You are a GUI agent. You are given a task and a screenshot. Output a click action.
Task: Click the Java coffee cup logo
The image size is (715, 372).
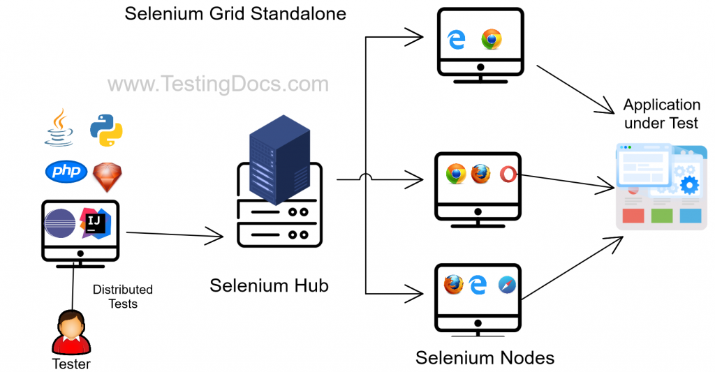tap(59, 127)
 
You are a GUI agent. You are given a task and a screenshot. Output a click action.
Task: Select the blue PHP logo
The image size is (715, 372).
tap(66, 171)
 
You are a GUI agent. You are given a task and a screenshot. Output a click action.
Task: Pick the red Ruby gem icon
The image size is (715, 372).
tap(106, 172)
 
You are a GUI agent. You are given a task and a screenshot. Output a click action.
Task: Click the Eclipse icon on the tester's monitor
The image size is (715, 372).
tap(61, 224)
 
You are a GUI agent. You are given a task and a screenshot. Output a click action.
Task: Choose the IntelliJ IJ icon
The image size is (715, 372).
tap(95, 222)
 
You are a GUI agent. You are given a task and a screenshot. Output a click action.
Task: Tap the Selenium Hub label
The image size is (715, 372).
tap(269, 285)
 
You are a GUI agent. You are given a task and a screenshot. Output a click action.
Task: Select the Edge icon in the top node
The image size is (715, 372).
tap(457, 40)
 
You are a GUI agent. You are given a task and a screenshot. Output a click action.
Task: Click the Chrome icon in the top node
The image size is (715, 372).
tap(492, 40)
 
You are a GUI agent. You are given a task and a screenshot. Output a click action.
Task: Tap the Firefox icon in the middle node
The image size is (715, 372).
tap(480, 174)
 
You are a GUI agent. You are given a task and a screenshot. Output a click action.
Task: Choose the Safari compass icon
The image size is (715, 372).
tap(508, 285)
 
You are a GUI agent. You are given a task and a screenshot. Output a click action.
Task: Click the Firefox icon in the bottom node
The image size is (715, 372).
tap(454, 285)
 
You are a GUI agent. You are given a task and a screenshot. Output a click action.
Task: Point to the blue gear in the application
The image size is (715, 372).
tap(689, 185)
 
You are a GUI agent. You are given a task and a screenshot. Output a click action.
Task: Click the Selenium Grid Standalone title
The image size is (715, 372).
tap(235, 13)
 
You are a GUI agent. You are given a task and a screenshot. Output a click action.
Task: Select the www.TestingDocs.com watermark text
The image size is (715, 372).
tap(217, 84)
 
